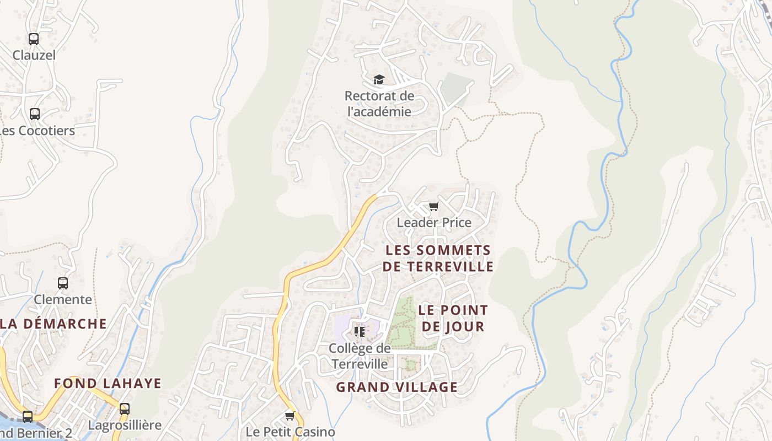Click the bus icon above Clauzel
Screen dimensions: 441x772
pos(34,39)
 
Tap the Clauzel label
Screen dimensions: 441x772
pos(34,55)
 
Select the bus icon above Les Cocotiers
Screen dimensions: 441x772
pos(35,114)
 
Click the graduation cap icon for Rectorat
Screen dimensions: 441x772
pos(379,80)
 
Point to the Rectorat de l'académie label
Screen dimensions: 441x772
pos(379,104)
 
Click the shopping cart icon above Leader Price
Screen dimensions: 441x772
pos(434,207)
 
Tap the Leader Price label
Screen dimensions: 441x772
pos(434,223)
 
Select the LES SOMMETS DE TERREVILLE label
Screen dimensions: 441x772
pos(438,259)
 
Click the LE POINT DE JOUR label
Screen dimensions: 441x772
pos(453,318)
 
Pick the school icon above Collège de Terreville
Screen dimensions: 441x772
pos(360,331)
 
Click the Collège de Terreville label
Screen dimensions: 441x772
pos(360,356)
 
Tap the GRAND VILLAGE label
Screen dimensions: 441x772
pos(397,387)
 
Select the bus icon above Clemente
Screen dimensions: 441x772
pos(63,283)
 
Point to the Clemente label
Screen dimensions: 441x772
pos(63,300)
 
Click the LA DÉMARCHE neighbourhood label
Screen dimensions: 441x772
pos(53,324)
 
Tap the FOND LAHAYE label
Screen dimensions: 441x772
pos(108,383)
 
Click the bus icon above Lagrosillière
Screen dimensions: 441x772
pos(125,409)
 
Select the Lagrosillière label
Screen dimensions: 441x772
pos(125,426)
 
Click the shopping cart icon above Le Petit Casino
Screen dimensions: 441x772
pos(290,416)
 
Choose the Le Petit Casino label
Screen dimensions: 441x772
pos(290,432)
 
